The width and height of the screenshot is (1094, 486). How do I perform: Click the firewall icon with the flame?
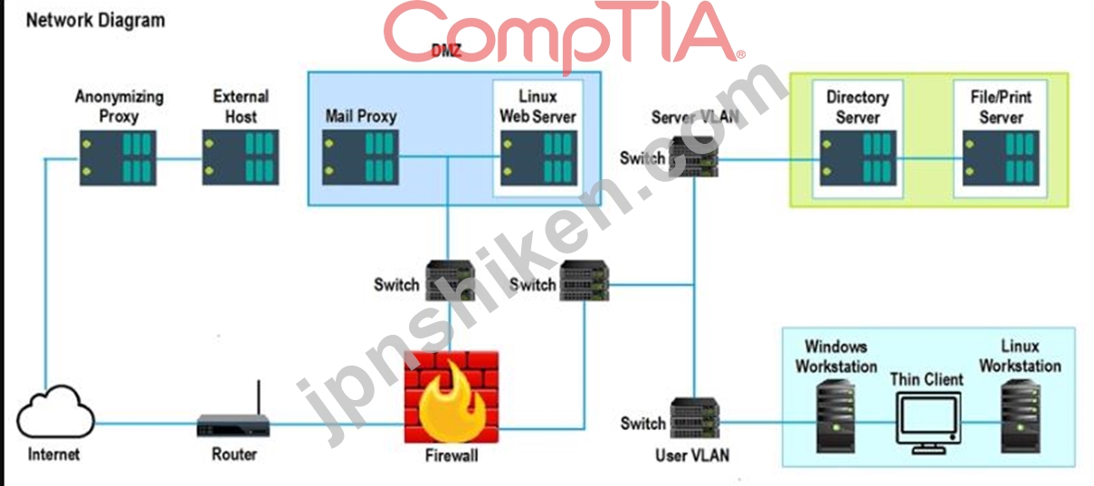452,396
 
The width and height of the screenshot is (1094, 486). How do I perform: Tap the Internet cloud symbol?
55,412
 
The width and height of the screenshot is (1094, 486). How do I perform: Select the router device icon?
233,425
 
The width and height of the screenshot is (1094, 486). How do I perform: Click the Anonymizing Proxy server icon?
118,157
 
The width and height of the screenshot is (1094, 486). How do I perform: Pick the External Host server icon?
241,157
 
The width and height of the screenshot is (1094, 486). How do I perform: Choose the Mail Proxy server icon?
360,157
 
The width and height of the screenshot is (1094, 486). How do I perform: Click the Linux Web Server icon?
538,157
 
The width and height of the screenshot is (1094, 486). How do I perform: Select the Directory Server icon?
858,157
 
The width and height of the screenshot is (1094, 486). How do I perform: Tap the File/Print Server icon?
1001,157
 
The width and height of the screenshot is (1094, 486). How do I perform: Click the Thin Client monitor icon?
928,423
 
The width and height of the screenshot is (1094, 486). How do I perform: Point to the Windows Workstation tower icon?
835,417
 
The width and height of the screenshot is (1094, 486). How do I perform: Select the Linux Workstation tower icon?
1021,417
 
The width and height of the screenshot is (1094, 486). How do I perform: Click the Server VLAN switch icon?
693,157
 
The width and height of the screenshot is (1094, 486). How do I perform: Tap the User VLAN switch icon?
694,418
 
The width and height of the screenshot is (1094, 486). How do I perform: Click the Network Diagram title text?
95,21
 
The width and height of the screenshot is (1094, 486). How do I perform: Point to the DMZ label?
446,50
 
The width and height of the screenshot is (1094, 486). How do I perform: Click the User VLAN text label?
692,456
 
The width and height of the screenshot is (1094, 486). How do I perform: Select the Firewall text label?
452,456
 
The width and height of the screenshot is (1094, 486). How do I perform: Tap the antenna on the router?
259,397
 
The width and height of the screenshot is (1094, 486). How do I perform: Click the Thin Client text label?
927,379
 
